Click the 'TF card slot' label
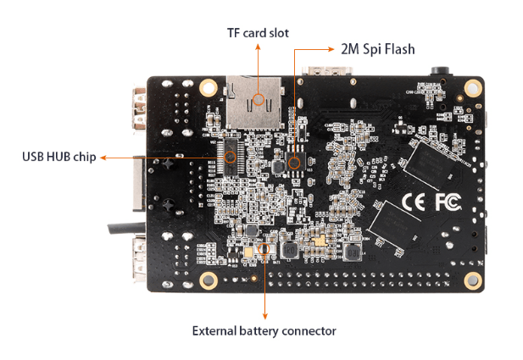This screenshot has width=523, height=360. coord(258,33)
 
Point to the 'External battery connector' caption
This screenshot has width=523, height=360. coord(264,330)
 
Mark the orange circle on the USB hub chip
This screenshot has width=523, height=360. coord(229,157)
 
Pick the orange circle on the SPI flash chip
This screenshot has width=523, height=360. coord(294,162)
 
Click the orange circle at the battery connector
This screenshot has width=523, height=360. coord(264,250)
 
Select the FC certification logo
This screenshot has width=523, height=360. coord(448,202)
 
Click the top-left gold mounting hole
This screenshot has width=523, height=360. coord(208,87)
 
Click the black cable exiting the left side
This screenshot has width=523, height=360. coord(119,227)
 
